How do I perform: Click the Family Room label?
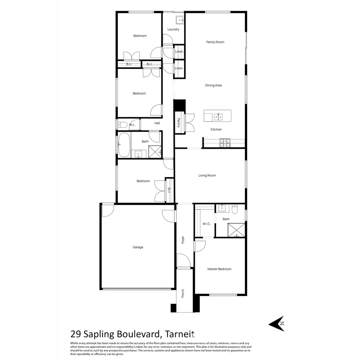[215, 42]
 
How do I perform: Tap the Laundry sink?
[180, 20]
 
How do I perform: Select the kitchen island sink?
[218, 117]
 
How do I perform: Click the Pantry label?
[179, 122]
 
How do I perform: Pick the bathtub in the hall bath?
[124, 145]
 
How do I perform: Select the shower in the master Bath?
[236, 230]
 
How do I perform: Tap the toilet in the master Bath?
[235, 209]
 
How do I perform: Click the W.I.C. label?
[206, 224]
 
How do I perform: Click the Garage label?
[138, 247]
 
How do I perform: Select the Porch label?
[183, 293]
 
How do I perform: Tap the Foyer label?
[183, 240]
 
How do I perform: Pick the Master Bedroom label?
[219, 269]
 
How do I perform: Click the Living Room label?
[207, 175]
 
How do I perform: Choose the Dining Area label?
[214, 85]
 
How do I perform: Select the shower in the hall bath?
[155, 152]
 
